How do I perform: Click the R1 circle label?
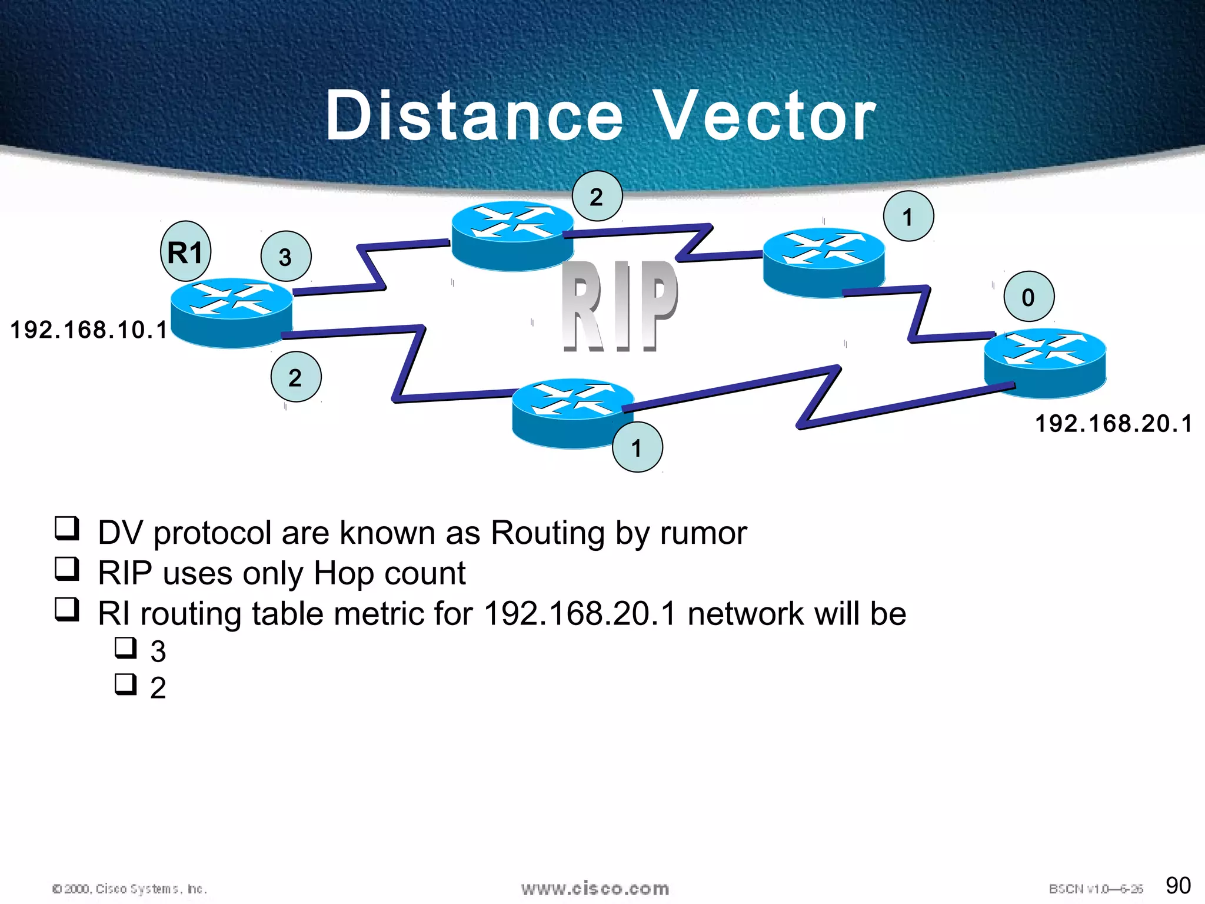tap(185, 252)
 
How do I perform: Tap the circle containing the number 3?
tap(285, 257)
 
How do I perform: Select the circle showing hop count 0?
tap(1028, 297)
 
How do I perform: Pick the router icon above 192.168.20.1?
tap(1045, 362)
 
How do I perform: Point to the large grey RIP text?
tap(619, 306)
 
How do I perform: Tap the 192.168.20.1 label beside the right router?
tap(1113, 424)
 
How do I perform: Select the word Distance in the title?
tap(474, 116)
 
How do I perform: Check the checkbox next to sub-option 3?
tap(125, 647)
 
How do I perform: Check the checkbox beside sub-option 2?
tap(125, 684)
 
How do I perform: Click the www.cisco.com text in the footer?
tap(595, 888)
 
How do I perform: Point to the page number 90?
tap(1178, 885)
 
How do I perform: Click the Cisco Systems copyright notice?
tap(129, 889)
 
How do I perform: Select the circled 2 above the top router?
tap(597, 197)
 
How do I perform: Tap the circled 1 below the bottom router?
tap(637, 448)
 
